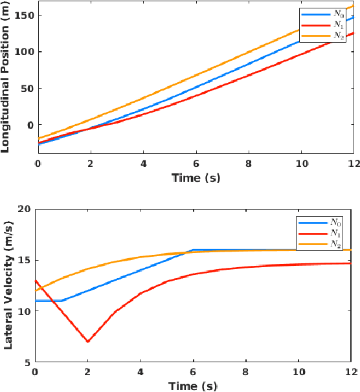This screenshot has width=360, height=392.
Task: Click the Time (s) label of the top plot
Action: click(x=195, y=177)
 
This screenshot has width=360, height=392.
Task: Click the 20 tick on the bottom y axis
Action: click(x=25, y=209)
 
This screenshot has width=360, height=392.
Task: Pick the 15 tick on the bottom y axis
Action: click(x=25, y=260)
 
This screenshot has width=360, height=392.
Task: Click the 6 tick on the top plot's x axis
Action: click(x=195, y=164)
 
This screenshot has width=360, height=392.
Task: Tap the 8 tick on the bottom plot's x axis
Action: click(x=246, y=371)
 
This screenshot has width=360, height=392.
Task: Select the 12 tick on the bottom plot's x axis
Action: click(x=350, y=371)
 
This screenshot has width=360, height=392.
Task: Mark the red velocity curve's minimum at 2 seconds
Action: click(x=88, y=342)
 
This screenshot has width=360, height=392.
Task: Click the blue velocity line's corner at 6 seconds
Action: click(x=193, y=250)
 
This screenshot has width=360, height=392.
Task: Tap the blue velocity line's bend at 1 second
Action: click(x=62, y=301)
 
